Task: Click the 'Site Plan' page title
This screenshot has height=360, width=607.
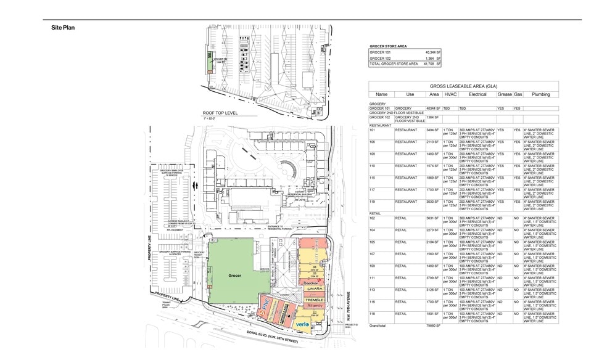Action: pyautogui.click(x=63, y=28)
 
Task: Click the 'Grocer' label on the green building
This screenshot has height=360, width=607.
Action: pyautogui.click(x=234, y=276)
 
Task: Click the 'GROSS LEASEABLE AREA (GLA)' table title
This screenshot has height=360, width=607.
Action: pyautogui.click(x=463, y=87)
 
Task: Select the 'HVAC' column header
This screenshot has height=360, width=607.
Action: pyautogui.click(x=450, y=94)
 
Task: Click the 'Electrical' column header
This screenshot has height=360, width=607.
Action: pyautogui.click(x=477, y=94)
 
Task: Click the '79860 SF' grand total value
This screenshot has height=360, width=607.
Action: pyautogui.click(x=434, y=324)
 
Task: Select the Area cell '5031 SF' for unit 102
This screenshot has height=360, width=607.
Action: pyautogui.click(x=432, y=218)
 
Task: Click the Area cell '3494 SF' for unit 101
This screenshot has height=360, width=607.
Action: pyautogui.click(x=432, y=130)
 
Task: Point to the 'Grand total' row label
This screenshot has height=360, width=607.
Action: pyautogui.click(x=378, y=324)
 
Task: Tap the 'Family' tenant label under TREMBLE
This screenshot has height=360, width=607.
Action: pyautogui.click(x=316, y=306)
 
